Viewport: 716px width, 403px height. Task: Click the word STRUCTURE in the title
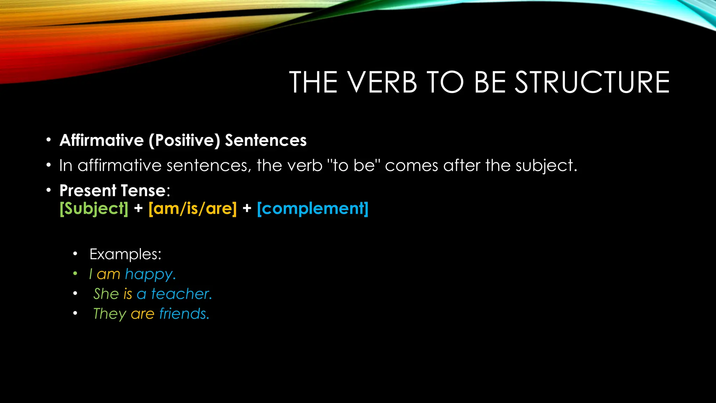click(592, 83)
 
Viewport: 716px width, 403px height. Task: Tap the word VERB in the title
click(382, 83)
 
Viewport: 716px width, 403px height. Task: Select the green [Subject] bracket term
click(94, 209)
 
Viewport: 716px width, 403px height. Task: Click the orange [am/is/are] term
click(193, 209)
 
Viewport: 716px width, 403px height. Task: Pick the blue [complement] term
click(313, 209)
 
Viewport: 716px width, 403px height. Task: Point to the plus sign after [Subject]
click(138, 208)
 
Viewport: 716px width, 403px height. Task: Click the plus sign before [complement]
click(247, 208)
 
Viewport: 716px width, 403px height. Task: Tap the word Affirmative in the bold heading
click(102, 140)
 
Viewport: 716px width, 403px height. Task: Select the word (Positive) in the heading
click(184, 141)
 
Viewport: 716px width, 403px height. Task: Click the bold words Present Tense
click(112, 191)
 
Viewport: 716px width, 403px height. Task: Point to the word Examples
click(125, 254)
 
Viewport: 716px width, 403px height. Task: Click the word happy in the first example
click(149, 275)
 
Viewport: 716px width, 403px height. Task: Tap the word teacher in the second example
click(181, 294)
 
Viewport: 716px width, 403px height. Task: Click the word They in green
click(109, 314)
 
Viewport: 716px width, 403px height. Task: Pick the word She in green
click(106, 294)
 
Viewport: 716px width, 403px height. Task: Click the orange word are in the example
click(142, 314)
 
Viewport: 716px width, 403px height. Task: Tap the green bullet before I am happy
click(75, 274)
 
